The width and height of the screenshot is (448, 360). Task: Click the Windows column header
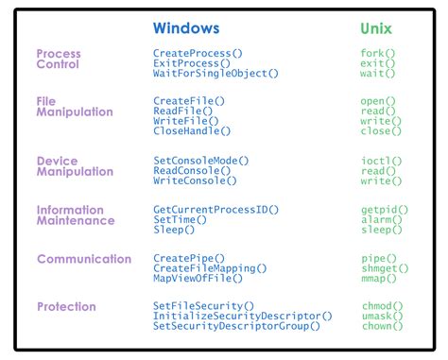pos(186,28)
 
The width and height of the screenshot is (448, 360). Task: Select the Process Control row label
pos(59,59)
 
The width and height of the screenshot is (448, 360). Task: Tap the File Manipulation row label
pos(74,106)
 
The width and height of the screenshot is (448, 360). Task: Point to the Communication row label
pos(83,258)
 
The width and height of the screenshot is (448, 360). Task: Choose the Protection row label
pos(66,306)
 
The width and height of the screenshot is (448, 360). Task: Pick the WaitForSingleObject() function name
pos(215,73)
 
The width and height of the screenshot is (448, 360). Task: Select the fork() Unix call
pos(379,53)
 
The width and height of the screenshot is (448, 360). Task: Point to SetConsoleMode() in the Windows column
pos(200,161)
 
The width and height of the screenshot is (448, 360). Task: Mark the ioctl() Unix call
pos(381,161)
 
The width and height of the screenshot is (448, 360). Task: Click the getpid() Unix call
pos(383,208)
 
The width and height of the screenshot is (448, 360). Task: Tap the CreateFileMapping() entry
pos(210,268)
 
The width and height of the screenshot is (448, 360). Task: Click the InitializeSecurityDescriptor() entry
pos(242,316)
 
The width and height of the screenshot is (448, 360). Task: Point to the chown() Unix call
pos(382,326)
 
